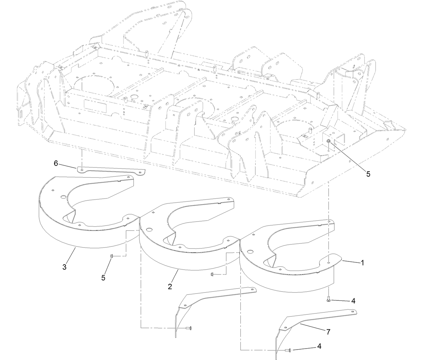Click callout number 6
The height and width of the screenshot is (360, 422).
(x=56, y=163)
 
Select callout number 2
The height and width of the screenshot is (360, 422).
(x=170, y=286)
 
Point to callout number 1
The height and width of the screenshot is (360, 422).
(x=362, y=263)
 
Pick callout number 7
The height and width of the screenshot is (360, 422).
(x=328, y=331)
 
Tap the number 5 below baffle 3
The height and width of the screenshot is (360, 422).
(x=103, y=278)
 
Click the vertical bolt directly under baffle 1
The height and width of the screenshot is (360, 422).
(x=329, y=299)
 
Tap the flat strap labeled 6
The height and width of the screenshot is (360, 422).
(x=111, y=170)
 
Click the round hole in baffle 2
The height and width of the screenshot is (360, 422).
(x=148, y=230)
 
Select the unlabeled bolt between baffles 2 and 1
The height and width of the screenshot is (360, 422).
(x=212, y=275)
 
